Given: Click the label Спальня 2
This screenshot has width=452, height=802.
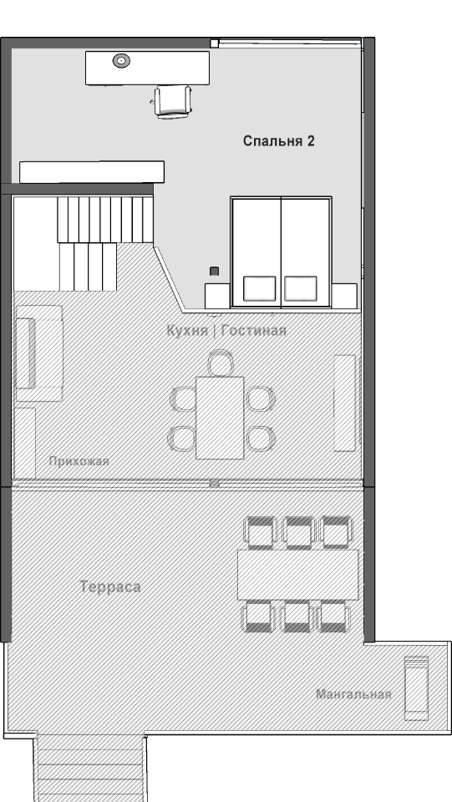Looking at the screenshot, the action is click(279, 141).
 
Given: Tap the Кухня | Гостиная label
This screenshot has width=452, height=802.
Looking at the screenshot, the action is click(226, 331).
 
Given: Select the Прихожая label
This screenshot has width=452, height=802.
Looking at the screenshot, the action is click(79, 461).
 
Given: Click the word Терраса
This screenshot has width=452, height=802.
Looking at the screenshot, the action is click(110, 586).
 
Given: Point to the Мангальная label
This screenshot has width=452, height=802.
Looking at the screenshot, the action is click(353, 694).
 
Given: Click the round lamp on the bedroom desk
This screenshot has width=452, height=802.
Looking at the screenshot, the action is click(121, 61).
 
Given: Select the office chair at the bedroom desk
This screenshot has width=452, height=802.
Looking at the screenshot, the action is click(173, 102).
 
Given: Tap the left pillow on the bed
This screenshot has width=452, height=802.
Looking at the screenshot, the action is click(259, 288).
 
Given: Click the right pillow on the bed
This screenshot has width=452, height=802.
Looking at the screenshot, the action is click(300, 288).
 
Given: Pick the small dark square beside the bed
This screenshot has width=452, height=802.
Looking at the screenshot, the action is click(214, 271).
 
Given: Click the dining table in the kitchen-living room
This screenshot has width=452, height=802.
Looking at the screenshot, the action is click(220, 418).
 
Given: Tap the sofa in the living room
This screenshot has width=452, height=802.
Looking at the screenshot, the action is click(39, 353).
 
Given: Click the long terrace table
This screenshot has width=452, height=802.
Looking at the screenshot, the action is click(297, 575).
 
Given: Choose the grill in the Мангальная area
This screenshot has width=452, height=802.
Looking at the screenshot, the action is click(416, 688).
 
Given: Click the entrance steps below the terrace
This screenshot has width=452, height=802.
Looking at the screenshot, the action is click(90, 768).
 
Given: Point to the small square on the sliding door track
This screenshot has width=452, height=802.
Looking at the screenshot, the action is click(214, 483).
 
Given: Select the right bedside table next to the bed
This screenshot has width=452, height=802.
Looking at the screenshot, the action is click(344, 296).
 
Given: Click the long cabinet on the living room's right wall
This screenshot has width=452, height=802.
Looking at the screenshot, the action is click(344, 403).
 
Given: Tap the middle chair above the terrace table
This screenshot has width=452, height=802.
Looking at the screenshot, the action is click(299, 532).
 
